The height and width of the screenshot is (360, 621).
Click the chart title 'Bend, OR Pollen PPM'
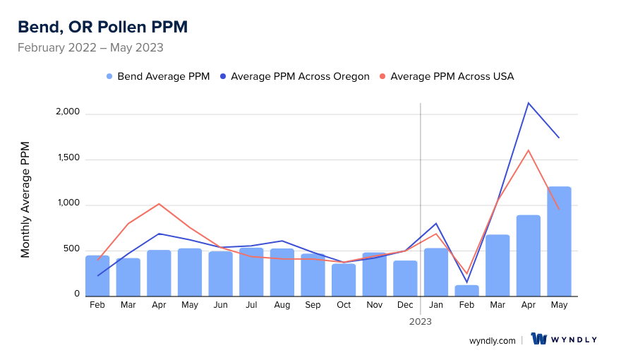[x=102, y=27]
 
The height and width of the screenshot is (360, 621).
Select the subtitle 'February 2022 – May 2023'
[x=90, y=48]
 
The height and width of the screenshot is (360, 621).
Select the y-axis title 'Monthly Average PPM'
[x=25, y=199]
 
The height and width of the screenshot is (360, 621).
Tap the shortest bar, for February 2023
[x=466, y=290]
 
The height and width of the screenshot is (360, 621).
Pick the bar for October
[x=344, y=280]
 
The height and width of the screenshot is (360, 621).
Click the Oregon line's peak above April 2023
[x=528, y=103]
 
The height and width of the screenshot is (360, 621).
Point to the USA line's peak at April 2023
[x=528, y=150]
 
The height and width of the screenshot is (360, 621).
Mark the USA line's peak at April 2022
[x=159, y=204]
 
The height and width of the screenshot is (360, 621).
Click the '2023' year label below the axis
[x=421, y=321]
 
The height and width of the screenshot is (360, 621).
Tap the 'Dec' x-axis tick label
[x=405, y=305]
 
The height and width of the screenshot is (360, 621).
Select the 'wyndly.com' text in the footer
[x=493, y=340]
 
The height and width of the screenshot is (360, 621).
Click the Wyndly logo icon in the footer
[x=539, y=339]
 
